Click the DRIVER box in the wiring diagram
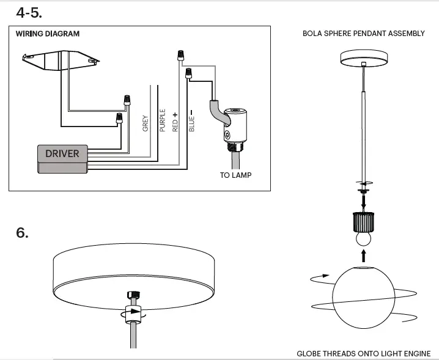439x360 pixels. tap(62, 153)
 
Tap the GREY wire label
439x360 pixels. tap(146, 123)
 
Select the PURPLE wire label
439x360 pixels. tap(162, 120)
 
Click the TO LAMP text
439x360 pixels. tap(235, 175)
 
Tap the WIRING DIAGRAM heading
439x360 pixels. tap(48, 34)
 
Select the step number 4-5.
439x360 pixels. tap(29, 12)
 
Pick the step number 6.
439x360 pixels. tap(23, 233)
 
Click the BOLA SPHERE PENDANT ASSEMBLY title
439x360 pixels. tap(363, 34)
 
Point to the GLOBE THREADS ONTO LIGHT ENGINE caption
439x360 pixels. tap(363, 354)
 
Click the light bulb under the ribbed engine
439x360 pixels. tap(364, 237)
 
